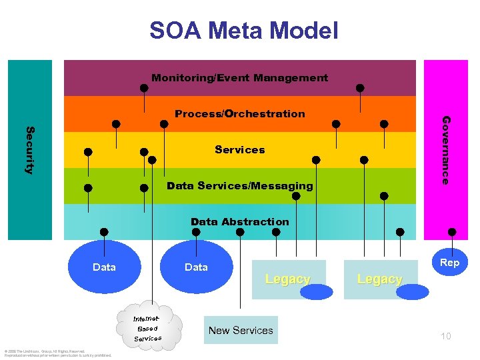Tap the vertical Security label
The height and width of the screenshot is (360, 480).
pos(29,150)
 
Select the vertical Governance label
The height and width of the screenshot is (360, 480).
pos(446,150)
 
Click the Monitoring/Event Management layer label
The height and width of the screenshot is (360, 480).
pos(239,78)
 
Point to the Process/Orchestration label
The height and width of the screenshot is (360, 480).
pos(239,114)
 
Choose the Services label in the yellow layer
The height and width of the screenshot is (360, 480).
pos(239,150)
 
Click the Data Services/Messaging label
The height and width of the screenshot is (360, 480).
pos(239,186)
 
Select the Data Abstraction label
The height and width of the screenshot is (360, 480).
pos(239,222)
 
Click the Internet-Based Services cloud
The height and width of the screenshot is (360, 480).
pos(147,328)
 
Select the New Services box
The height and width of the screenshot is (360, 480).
pos(241,330)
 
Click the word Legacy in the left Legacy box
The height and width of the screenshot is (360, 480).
pos(287,279)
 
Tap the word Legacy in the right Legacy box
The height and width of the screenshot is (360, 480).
pos(379,279)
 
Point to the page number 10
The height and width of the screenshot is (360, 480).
pos(445,336)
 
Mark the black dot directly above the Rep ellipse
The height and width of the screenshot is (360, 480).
pos(452,232)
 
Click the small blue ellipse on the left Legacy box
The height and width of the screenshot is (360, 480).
pos(311,291)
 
